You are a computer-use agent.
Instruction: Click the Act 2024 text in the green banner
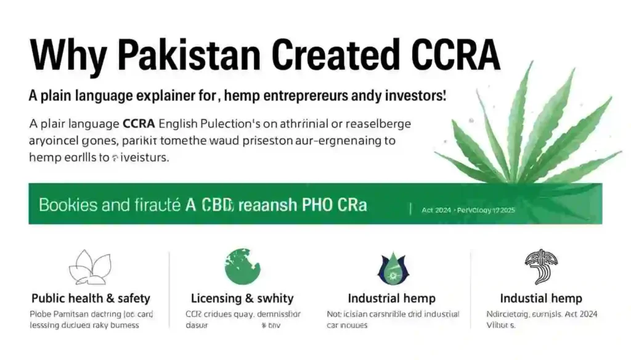point(436,210)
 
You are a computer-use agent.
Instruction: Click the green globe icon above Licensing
point(242,266)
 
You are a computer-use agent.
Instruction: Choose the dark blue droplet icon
point(391,268)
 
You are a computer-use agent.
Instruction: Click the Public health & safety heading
point(91,298)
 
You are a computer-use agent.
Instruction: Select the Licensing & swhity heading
point(242,298)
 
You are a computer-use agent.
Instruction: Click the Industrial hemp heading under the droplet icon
point(391,298)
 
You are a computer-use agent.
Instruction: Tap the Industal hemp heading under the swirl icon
point(540,298)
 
